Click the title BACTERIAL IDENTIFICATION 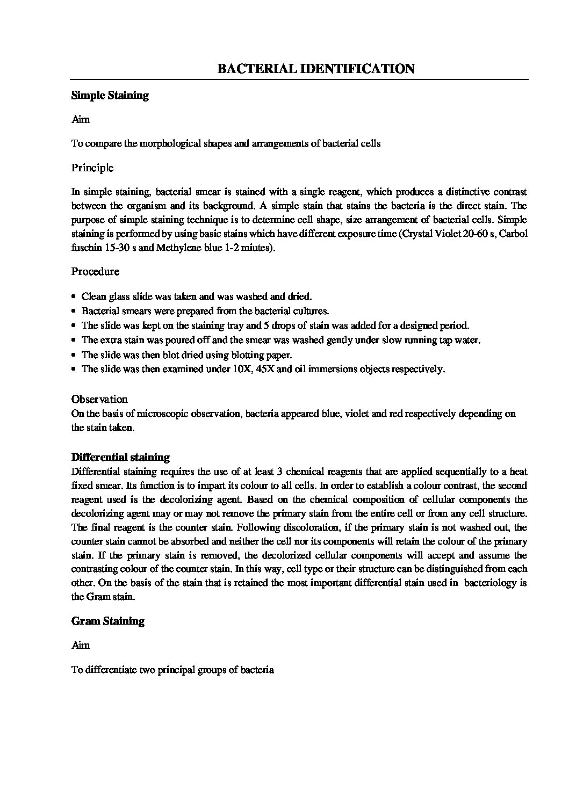(x=315, y=69)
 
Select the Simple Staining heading (x=110, y=96)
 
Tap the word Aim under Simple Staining (x=81, y=119)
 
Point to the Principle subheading (x=92, y=168)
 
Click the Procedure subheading (x=95, y=271)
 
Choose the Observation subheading (x=99, y=399)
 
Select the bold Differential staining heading (x=120, y=458)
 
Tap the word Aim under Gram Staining (x=81, y=645)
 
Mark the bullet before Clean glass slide (x=74, y=296)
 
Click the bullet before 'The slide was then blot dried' (x=74, y=355)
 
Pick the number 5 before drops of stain (x=265, y=325)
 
